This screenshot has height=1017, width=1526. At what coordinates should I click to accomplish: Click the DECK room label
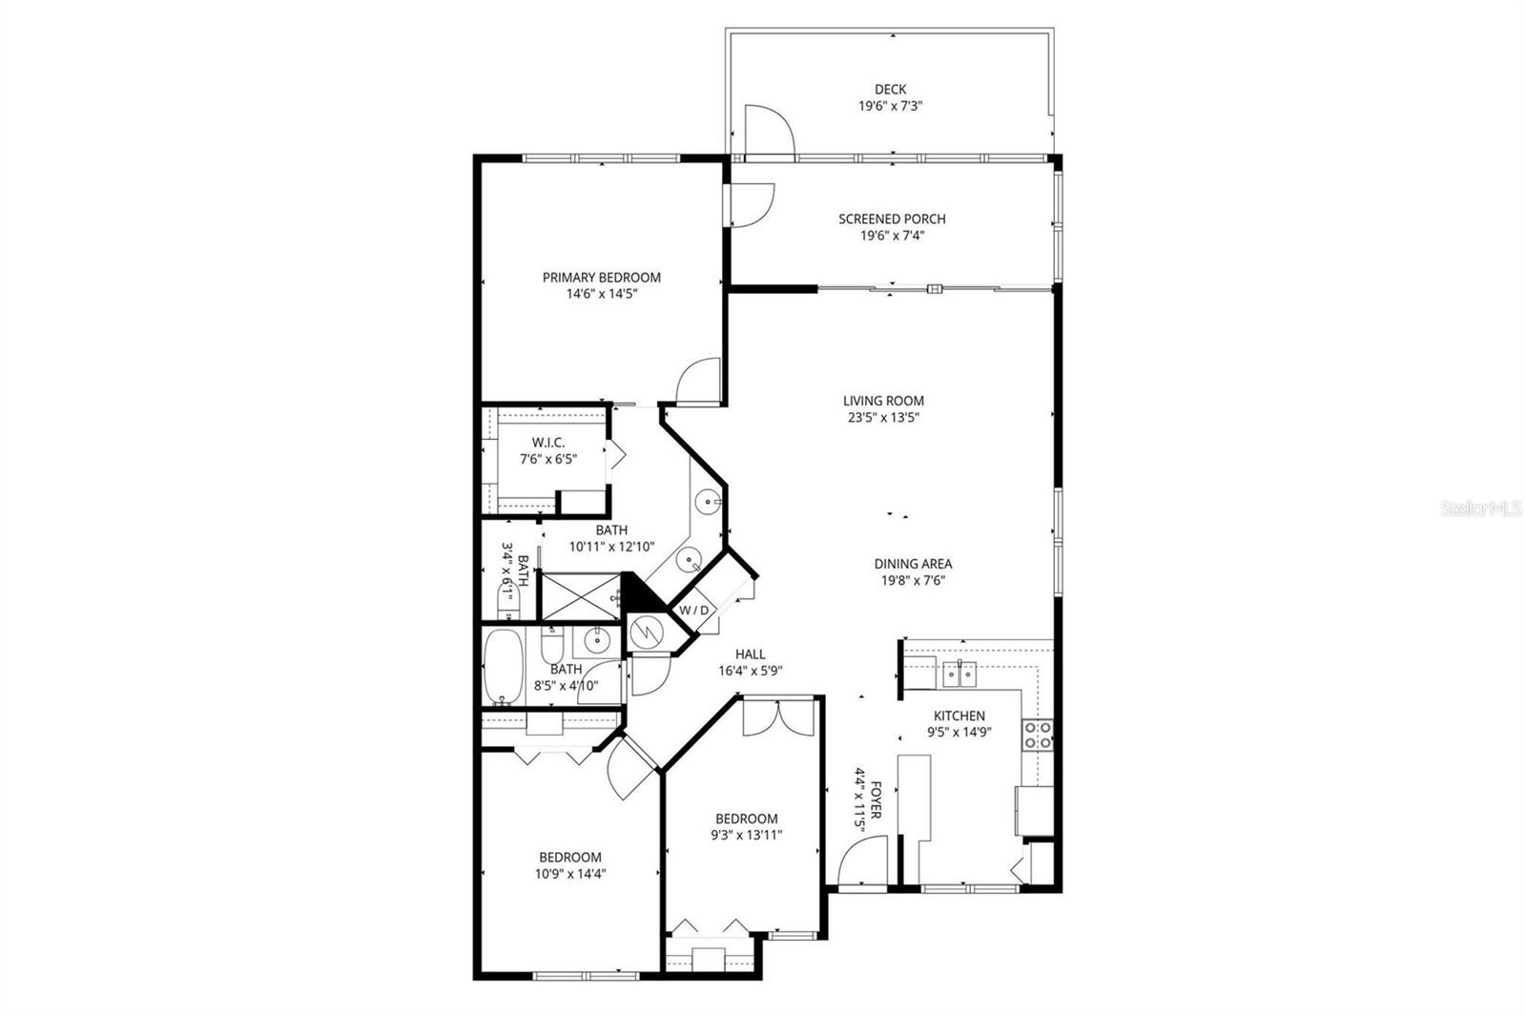pos(890,90)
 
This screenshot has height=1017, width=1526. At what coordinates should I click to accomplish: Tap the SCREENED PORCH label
pos(892,218)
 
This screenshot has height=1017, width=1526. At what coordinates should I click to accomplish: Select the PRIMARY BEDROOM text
pos(601,278)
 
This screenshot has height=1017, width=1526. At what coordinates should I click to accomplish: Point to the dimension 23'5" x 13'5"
pos(883,417)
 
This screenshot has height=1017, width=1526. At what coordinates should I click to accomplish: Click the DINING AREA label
pos(913,564)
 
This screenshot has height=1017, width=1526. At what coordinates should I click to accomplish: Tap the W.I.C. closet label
pos(548,443)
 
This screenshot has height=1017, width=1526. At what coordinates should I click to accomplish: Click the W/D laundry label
pos(694,611)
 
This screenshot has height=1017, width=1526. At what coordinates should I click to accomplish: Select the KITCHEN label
pos(959,716)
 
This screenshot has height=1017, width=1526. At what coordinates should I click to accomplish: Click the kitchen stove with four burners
pos(1038,735)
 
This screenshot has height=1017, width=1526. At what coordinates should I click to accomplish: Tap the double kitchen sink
pos(959,674)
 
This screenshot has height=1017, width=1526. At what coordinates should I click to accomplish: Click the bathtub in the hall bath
pos(503,666)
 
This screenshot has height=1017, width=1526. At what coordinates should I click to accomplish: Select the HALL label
pos(750,654)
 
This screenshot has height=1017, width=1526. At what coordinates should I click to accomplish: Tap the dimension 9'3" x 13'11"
pos(747,835)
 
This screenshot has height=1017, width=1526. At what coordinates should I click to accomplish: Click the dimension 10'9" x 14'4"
pos(569,873)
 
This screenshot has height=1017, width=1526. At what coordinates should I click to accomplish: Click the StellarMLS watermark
pos(1480,509)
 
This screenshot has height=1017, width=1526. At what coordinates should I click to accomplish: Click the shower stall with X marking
pos(579,595)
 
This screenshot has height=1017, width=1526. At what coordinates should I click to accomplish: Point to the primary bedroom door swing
pos(697,382)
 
